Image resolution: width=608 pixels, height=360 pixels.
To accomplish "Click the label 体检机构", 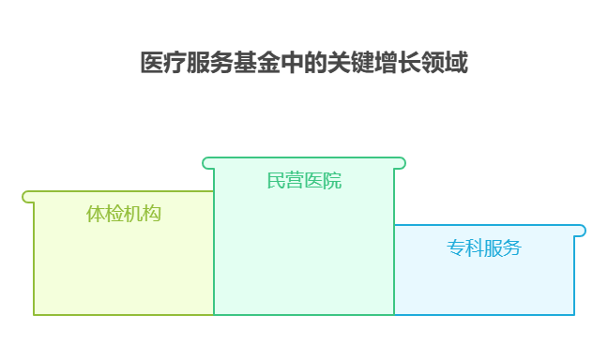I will (x=124, y=214).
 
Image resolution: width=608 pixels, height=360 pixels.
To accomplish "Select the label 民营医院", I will (x=304, y=180).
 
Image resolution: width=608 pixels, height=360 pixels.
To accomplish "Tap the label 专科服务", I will (x=483, y=247).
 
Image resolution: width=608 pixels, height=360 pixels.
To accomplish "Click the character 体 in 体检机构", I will (x=96, y=214).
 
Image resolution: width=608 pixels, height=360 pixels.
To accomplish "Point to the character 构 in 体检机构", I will (x=152, y=214).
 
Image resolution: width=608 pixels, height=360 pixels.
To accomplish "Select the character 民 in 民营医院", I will (x=276, y=180).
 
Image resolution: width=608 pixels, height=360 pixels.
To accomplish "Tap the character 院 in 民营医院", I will (x=332, y=180).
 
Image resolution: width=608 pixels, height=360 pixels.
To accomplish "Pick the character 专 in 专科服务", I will (x=455, y=247).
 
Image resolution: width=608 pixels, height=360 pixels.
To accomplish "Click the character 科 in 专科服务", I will (x=474, y=247).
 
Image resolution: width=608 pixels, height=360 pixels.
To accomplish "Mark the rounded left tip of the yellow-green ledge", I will (x=27, y=197).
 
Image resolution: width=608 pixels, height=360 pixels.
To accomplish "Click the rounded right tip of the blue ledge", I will (x=581, y=231).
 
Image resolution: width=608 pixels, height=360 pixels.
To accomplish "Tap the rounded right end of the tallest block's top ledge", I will (x=401, y=163).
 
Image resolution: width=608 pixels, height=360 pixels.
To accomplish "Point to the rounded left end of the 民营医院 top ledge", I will (x=207, y=163).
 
